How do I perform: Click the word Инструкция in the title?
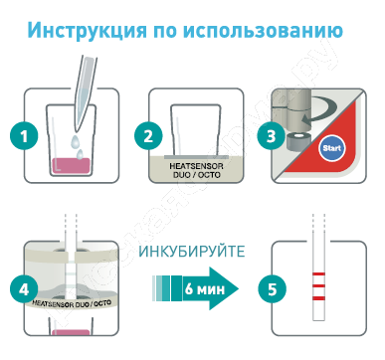pyautogui.click(x=87, y=31)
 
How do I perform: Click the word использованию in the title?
pyautogui.click(x=263, y=30)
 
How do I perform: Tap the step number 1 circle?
pyautogui.click(x=24, y=135)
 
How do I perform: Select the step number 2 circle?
pyautogui.click(x=148, y=135)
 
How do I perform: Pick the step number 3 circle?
pyautogui.click(x=272, y=135)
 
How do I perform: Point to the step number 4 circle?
pyautogui.click(x=24, y=289)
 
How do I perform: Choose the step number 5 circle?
pyautogui.click(x=272, y=289)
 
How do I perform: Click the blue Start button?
pyautogui.click(x=332, y=148)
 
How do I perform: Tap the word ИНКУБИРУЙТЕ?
pyautogui.click(x=192, y=252)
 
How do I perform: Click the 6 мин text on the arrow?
pyautogui.click(x=205, y=289)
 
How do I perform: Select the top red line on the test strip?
pyautogui.click(x=318, y=274)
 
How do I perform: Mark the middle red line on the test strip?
pyautogui.click(x=318, y=285)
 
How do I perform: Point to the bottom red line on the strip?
pyautogui.click(x=318, y=298)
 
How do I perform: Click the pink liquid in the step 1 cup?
pyautogui.click(x=71, y=166)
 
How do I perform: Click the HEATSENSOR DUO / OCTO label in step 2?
pyautogui.click(x=196, y=170)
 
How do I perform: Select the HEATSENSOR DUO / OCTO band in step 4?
pyautogui.click(x=72, y=302)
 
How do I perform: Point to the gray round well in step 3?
pyautogui.click(x=297, y=140)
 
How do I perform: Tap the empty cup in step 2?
pyautogui.click(x=195, y=130)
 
